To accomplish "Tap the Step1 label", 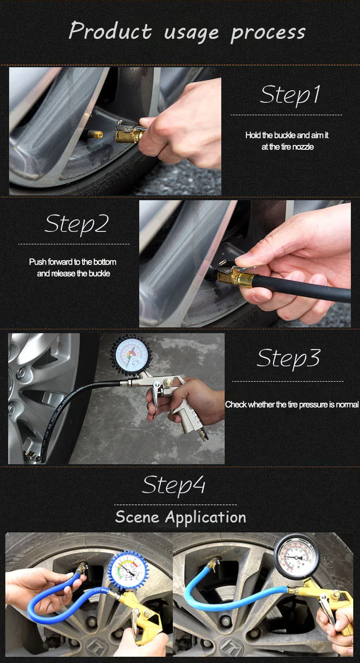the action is (290, 95).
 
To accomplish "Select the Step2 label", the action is (77, 224).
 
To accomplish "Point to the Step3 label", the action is (288, 359).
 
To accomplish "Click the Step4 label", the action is (174, 485).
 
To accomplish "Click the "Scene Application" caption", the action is (180, 518).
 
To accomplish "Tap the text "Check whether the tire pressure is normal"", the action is (292, 405).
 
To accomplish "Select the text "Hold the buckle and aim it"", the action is (287, 135).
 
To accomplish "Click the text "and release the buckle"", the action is (73, 274).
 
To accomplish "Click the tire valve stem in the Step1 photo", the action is (95, 134).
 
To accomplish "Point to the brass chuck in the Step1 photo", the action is (129, 133).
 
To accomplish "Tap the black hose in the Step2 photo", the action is (302, 287).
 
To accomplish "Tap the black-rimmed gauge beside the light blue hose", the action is (297, 557).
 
